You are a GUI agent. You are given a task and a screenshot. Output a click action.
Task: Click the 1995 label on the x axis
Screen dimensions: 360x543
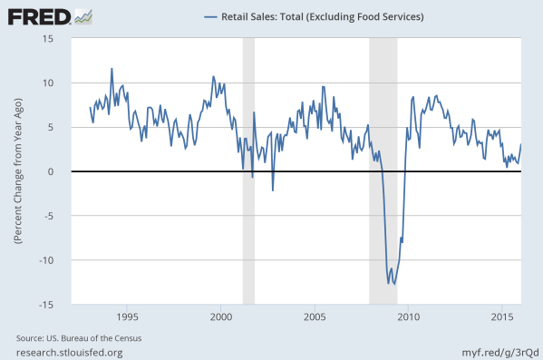tap(128, 317)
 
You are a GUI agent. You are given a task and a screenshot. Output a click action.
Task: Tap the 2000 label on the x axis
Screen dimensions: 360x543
tap(221, 317)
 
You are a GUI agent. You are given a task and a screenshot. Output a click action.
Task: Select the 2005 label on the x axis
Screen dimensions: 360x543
tap(315, 317)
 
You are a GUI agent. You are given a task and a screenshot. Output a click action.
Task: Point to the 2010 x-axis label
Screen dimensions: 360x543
tap(408, 317)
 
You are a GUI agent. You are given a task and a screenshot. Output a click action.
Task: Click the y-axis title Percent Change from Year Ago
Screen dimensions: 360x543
tap(17, 171)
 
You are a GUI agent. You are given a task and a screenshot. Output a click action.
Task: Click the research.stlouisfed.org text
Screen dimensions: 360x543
tap(69, 352)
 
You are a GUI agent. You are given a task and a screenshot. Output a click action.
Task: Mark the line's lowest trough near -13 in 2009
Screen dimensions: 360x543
tap(394, 285)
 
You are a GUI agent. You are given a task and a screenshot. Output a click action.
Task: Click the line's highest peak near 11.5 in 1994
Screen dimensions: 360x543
tap(112, 68)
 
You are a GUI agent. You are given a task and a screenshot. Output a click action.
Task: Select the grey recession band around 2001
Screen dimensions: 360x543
tap(248, 171)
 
